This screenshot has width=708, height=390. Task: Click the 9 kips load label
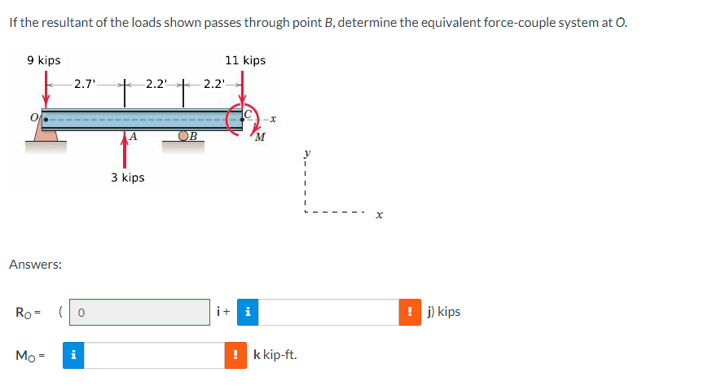click(x=43, y=60)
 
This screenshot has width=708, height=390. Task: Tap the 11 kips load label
click(x=245, y=60)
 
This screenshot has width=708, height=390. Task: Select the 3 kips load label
click(x=128, y=177)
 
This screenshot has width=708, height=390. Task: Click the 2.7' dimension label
click(x=84, y=83)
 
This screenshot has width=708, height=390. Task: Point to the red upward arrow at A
click(x=125, y=151)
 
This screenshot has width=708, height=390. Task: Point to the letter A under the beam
click(x=132, y=137)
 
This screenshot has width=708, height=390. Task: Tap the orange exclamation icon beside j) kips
click(x=412, y=312)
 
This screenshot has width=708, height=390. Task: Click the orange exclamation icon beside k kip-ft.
click(x=236, y=355)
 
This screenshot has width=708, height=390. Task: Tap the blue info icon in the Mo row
click(x=73, y=355)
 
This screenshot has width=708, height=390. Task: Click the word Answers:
click(x=36, y=265)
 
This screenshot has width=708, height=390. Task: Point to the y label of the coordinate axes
click(x=307, y=151)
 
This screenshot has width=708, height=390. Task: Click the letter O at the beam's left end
click(x=35, y=120)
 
